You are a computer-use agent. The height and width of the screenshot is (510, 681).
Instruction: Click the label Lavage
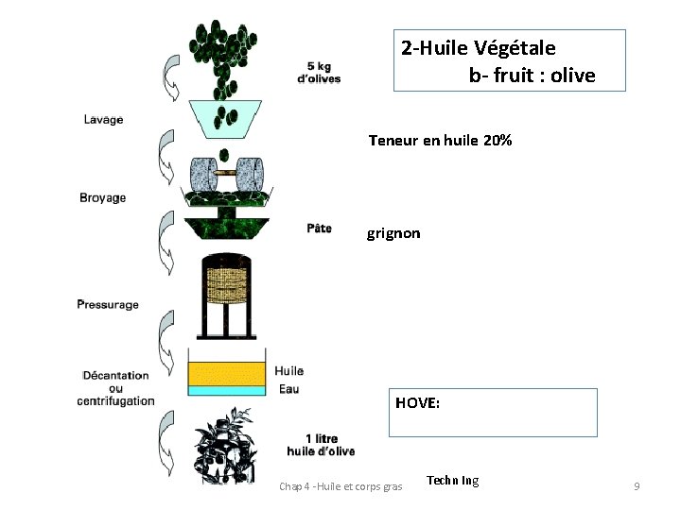click(x=103, y=120)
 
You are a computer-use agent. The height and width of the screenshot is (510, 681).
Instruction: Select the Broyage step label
click(x=102, y=197)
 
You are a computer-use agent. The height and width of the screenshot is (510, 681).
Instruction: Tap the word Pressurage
click(x=108, y=304)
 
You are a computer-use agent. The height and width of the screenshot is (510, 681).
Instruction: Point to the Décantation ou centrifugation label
click(x=115, y=387)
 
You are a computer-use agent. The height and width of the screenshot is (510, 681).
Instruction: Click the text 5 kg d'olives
click(x=319, y=72)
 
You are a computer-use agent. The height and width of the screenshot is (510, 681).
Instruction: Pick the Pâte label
click(x=319, y=228)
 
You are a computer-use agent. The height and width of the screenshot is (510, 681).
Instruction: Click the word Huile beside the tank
click(x=289, y=371)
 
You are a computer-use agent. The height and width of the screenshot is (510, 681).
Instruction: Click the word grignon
click(x=393, y=232)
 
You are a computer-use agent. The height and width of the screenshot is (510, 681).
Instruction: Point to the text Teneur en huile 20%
click(x=440, y=141)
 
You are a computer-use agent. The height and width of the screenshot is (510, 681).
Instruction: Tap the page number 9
click(x=637, y=485)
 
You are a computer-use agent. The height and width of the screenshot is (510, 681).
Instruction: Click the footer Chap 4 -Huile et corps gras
click(x=340, y=486)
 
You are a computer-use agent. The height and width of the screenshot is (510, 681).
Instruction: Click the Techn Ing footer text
click(x=452, y=481)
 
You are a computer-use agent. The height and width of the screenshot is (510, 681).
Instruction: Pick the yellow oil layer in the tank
click(x=227, y=372)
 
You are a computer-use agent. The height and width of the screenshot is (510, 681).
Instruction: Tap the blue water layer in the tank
click(x=227, y=389)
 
